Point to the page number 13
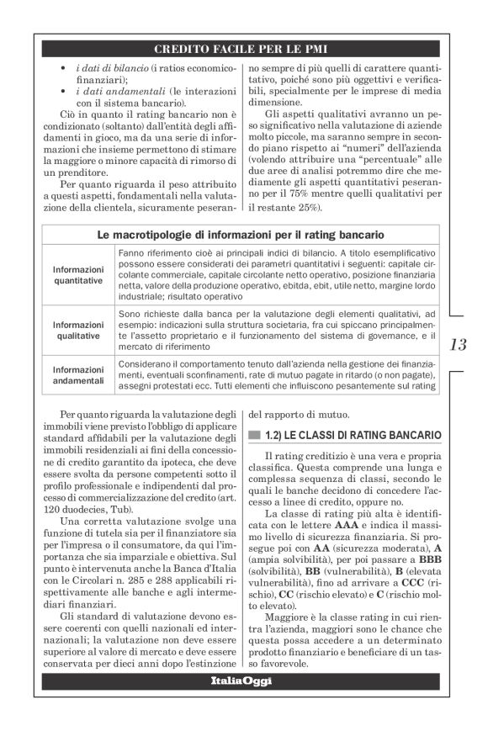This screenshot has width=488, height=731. [461, 344]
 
